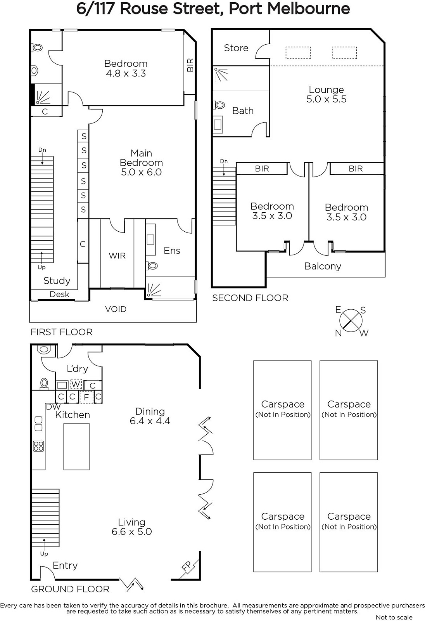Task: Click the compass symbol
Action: tap(351, 321)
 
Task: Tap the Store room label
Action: tap(236, 48)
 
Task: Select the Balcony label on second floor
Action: tap(323, 266)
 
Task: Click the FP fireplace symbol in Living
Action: tap(187, 567)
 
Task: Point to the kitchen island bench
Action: tap(76, 446)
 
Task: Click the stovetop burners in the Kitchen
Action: tap(38, 446)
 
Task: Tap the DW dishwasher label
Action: tap(53, 407)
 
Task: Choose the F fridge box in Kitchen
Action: tap(86, 397)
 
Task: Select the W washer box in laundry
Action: tap(76, 384)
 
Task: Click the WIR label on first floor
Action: tap(117, 255)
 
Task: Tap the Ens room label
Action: tap(172, 251)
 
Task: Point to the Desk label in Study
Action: tap(59, 295)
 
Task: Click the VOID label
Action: tap(116, 309)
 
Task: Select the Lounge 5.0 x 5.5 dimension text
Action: tap(327, 99)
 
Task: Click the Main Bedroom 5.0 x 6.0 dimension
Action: tap(141, 172)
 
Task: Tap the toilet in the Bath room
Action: tap(219, 105)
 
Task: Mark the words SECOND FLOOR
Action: tap(250, 298)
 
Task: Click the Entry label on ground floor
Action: tap(65, 565)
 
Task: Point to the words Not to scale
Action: tap(394, 617)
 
